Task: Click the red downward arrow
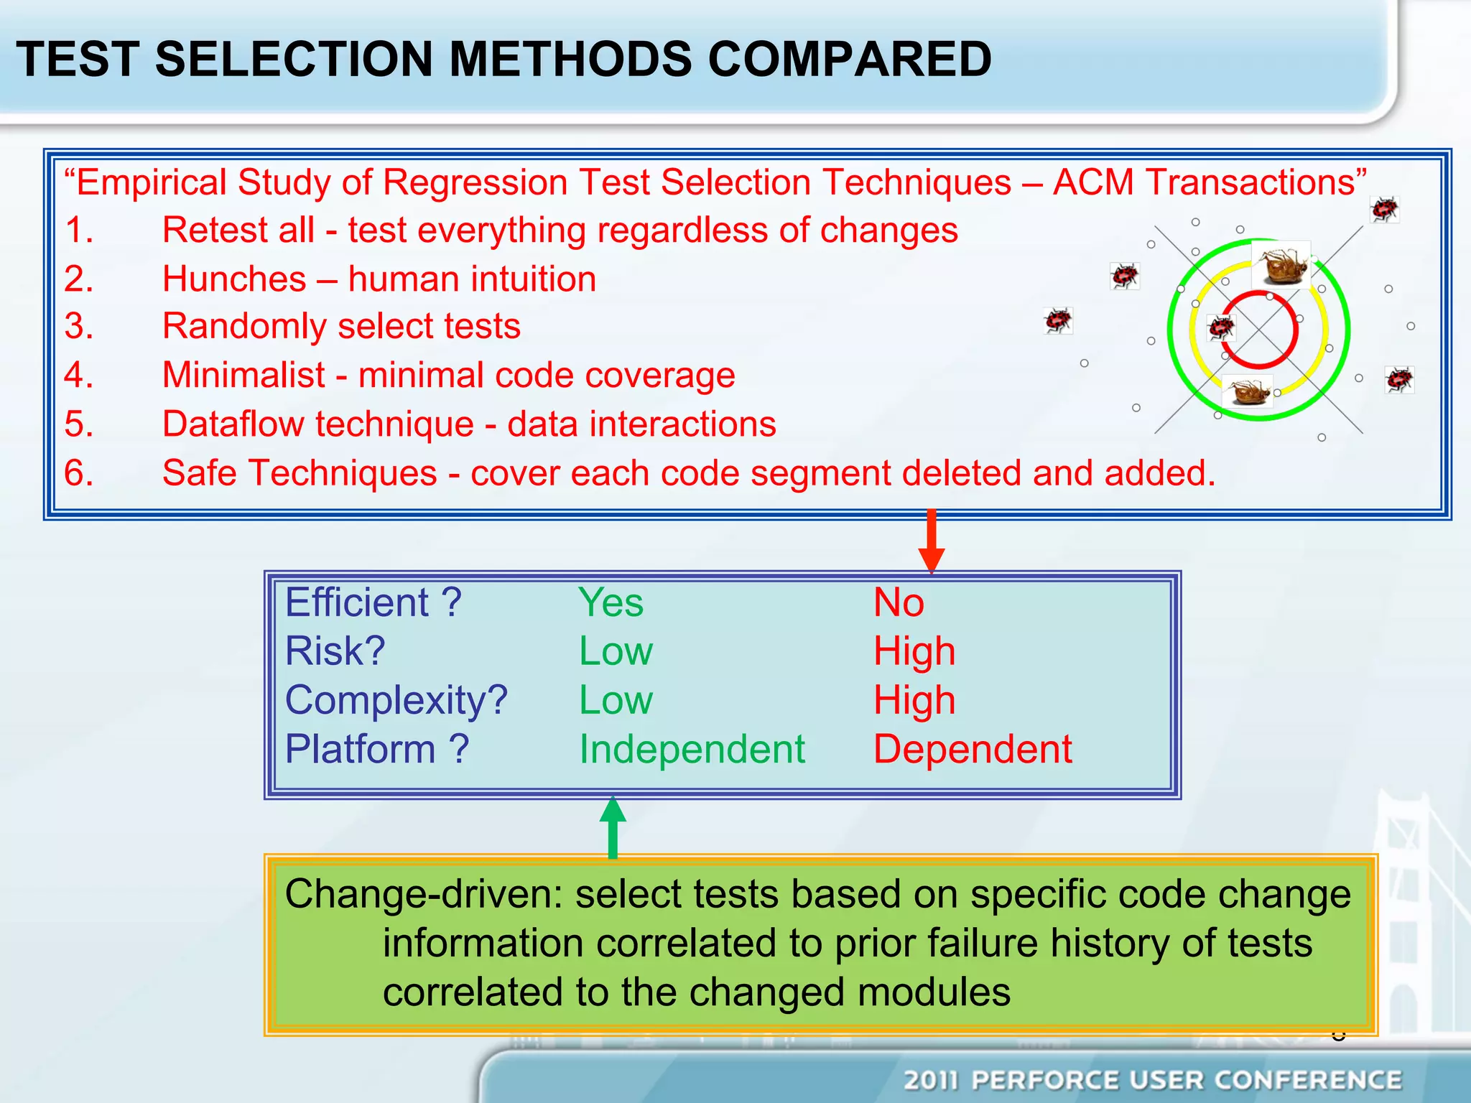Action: (932, 540)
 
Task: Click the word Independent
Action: (692, 749)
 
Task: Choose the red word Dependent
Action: (973, 749)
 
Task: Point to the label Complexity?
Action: (396, 700)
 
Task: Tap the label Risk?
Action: (335, 651)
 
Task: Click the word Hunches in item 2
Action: (234, 279)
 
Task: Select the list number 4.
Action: (78, 375)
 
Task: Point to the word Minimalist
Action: (243, 375)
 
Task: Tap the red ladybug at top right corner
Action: (1384, 210)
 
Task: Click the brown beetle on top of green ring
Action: (1282, 264)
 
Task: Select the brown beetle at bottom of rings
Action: (1248, 391)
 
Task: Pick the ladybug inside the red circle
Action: (1220, 327)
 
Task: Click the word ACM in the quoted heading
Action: (1092, 182)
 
